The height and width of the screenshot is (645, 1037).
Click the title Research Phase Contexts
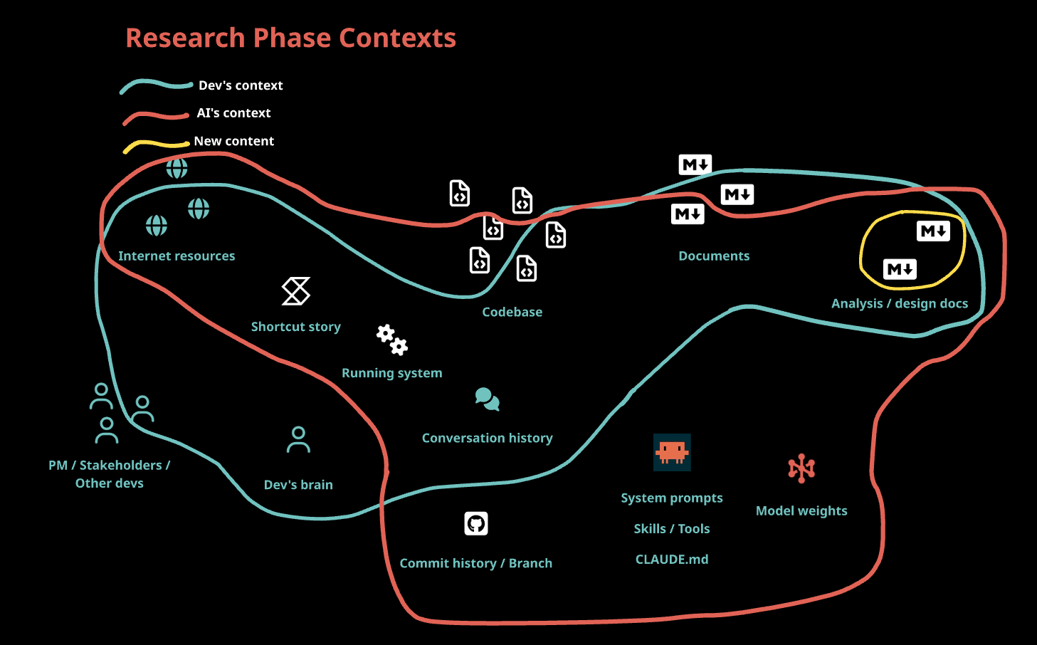[x=290, y=38]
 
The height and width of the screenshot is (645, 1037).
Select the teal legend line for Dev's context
[x=157, y=86]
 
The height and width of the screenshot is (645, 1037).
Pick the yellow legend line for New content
[x=157, y=145]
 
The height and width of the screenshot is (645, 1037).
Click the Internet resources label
[x=177, y=256]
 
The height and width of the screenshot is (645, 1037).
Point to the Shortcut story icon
[x=296, y=291]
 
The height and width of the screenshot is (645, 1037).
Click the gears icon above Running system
[x=392, y=340]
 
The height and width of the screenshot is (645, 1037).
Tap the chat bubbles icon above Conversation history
[x=488, y=399]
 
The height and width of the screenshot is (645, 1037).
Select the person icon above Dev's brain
[x=298, y=440]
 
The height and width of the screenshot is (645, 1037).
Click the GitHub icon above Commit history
[x=476, y=524]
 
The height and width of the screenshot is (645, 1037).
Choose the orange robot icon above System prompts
[x=672, y=452]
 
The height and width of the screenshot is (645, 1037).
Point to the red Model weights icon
[x=801, y=468]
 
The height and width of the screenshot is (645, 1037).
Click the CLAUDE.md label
[x=672, y=560]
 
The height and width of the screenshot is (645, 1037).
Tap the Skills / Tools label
[x=672, y=529]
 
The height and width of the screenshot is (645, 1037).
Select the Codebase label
[x=512, y=312]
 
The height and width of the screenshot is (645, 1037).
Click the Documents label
[x=714, y=256]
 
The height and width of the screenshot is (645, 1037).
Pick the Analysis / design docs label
[x=900, y=303]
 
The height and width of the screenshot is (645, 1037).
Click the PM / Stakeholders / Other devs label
[x=110, y=474]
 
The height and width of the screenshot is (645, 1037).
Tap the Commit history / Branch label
[x=476, y=563]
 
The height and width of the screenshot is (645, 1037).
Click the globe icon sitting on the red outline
[x=177, y=168]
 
